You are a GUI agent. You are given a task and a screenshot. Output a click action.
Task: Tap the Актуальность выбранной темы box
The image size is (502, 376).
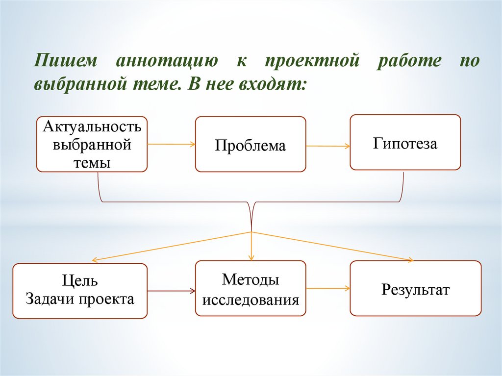[92, 144]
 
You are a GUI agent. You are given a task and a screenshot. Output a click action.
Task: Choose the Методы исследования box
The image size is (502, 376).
[251, 289]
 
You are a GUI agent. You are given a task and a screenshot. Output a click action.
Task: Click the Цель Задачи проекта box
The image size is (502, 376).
[80, 291]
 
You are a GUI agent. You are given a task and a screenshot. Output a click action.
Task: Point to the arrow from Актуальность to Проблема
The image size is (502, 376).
[171, 144]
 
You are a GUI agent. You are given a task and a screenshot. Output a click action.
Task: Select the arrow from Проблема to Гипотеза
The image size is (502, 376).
[327, 146]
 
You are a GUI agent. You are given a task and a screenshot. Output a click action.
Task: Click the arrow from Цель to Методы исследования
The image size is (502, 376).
[171, 291]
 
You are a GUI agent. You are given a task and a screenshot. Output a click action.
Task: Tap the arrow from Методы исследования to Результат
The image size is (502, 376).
[327, 289]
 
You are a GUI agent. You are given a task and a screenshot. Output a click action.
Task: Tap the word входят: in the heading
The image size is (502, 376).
[272, 85]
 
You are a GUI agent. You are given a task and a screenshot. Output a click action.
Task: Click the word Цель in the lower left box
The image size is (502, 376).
[80, 281]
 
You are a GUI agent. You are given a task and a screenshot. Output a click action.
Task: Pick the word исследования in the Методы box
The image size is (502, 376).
[251, 299]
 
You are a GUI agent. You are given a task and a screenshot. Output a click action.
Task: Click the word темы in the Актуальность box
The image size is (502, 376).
[92, 162]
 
